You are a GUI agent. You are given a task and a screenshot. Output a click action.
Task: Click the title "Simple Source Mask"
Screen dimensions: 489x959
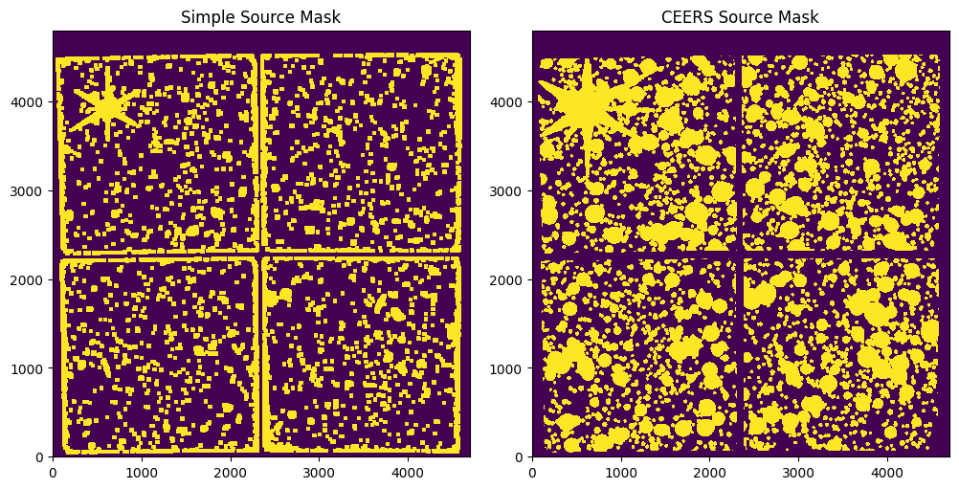coord(261,17)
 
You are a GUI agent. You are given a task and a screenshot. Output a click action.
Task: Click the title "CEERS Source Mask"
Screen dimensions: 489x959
coord(741,17)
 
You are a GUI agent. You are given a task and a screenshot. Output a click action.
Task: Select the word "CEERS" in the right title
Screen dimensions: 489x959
coord(685,17)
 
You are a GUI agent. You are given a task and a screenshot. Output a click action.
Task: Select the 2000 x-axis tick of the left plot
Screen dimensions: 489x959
coord(231,472)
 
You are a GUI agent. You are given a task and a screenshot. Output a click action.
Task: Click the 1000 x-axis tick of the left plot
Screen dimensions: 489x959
coord(142,472)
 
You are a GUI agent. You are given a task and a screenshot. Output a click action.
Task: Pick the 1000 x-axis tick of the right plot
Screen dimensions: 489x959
coord(621,472)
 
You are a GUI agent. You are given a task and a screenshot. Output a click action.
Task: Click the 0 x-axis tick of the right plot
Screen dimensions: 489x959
coord(532,472)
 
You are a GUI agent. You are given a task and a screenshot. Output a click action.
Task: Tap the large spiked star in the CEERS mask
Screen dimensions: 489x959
coord(585,107)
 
